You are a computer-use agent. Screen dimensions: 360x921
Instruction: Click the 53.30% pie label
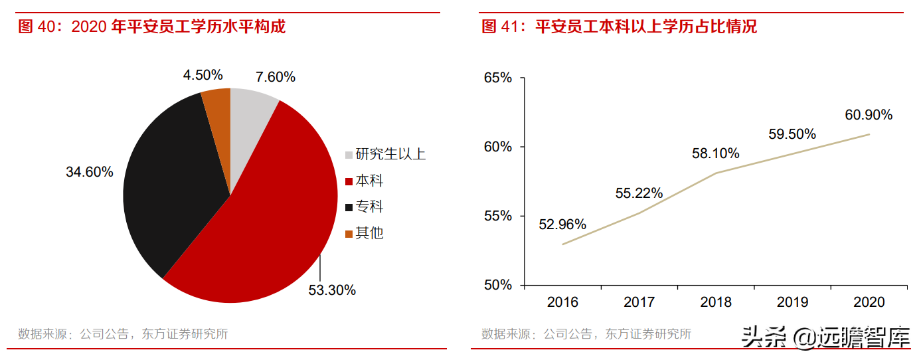332,290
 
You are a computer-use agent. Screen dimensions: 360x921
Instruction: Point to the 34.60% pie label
90,172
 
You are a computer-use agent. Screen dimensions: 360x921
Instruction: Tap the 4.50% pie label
203,75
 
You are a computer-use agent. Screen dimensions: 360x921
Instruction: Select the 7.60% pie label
276,77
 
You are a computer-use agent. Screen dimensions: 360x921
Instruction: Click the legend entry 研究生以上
384,155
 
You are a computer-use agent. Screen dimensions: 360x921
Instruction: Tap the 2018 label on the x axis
716,302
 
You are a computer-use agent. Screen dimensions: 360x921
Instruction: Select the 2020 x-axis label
869,302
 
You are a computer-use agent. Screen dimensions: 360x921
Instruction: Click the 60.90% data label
869,115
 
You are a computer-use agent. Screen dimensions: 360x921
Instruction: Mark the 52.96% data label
562,225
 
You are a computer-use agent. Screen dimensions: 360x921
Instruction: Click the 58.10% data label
715,153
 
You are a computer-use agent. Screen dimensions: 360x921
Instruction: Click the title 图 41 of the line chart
619,27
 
